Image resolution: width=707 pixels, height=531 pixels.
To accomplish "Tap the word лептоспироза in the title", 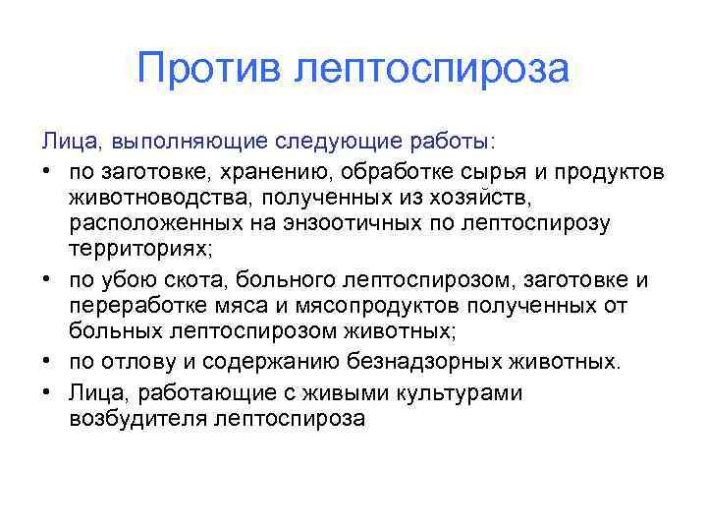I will (432, 70).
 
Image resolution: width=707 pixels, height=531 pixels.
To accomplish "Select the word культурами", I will (474, 393).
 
